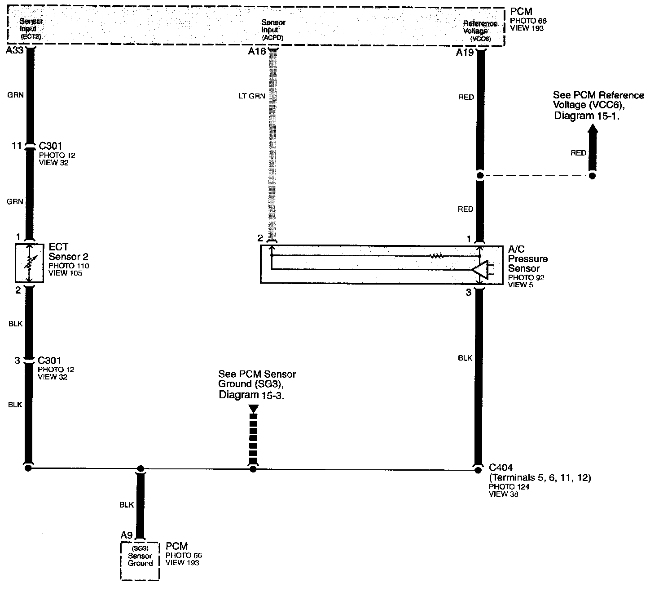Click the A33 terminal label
14,51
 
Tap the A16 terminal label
257,52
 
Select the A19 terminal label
465,53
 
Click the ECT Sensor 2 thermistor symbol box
29,263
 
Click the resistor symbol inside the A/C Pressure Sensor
436,256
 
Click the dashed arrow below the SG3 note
253,434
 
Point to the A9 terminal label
127,535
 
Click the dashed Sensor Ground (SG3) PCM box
140,561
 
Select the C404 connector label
501,468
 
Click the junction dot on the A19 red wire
480,176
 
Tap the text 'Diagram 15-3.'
252,395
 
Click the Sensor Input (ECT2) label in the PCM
31,29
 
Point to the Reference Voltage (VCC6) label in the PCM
480,31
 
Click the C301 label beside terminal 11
50,146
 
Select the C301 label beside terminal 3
49,361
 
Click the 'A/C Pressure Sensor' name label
527,259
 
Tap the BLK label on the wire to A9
127,505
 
